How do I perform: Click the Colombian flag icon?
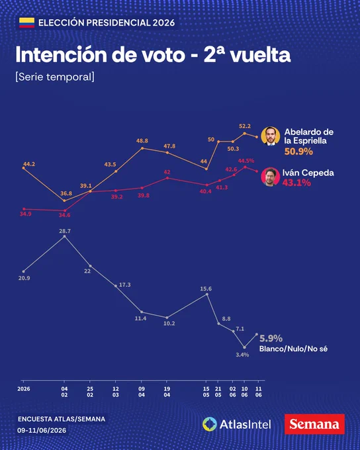(26, 22)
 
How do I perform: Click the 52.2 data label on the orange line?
(245, 126)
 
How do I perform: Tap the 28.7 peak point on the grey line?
(64, 236)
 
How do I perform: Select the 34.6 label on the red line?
(65, 215)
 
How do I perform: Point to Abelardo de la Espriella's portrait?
(271, 136)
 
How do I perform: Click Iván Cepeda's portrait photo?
(271, 177)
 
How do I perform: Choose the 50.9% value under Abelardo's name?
(298, 152)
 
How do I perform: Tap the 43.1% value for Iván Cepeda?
(296, 183)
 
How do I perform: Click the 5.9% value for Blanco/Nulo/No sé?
(271, 338)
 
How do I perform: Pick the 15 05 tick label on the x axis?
(206, 392)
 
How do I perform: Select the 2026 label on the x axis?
(24, 389)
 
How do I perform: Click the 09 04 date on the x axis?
(142, 392)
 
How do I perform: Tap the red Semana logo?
(314, 424)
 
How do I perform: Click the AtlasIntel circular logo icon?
(210, 424)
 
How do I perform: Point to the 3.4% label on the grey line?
(242, 355)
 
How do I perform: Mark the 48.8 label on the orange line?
(142, 140)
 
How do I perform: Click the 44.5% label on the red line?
(246, 161)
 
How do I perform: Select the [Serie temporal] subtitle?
(55, 77)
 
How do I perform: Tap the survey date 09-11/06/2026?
(42, 430)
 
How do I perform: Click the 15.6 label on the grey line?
(206, 289)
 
